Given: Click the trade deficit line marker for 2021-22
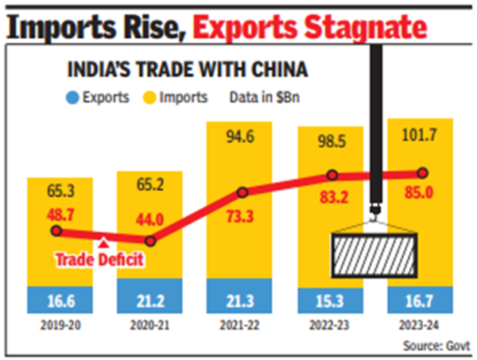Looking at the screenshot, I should pyautogui.click(x=242, y=192).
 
